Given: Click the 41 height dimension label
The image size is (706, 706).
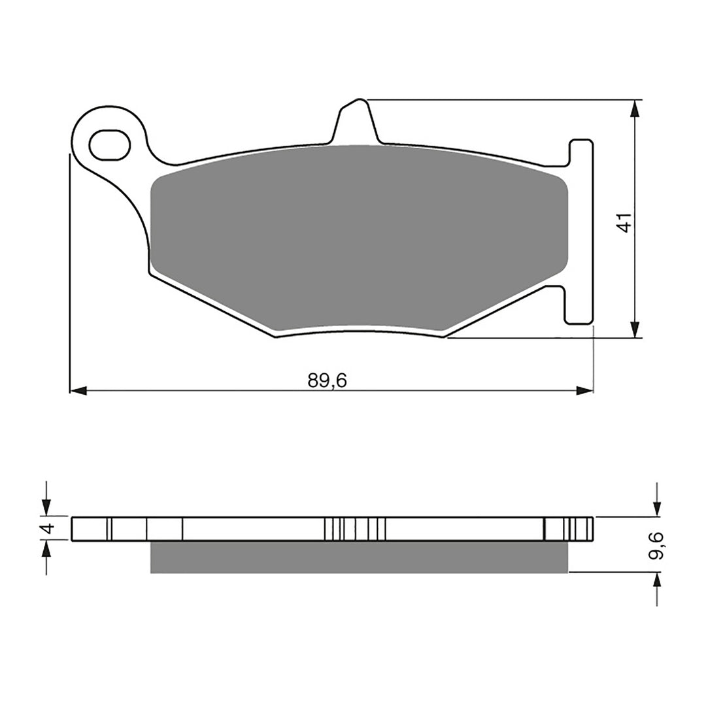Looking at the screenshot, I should tap(625, 222).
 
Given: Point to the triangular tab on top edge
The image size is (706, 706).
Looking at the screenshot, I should tap(356, 121).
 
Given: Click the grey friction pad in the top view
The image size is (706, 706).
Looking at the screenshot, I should tap(358, 235).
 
